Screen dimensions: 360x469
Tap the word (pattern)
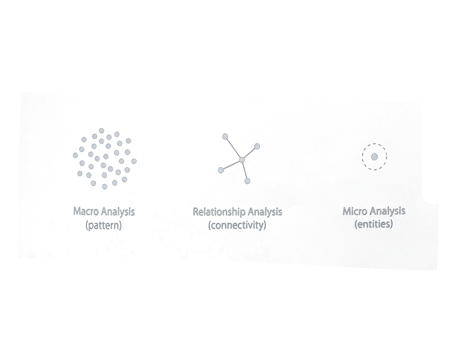point(104,226)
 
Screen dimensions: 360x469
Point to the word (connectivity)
point(237,226)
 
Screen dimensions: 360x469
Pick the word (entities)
point(374,225)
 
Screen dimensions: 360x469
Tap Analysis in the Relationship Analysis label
point(265,212)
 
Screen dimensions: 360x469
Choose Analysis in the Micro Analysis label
point(387,211)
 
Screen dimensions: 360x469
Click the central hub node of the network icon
point(242,160)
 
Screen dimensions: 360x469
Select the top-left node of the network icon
point(225,136)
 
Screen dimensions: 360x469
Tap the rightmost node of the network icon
point(257,146)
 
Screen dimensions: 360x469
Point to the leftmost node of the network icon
point(220,170)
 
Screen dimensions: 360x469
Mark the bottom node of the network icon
point(248,181)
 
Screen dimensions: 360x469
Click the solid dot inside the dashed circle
point(374,156)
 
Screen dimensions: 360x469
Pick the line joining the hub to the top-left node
point(233,148)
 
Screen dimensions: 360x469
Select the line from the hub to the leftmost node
point(231,165)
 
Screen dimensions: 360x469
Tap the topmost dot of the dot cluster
point(102,130)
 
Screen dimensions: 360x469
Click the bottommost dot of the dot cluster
point(104,187)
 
